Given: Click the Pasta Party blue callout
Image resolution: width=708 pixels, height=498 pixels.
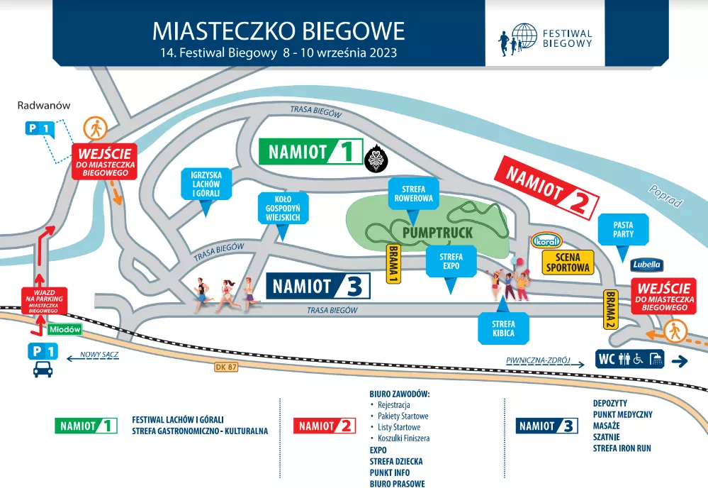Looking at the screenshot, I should [624, 229].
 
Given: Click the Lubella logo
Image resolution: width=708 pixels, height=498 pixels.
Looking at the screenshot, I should [646, 265].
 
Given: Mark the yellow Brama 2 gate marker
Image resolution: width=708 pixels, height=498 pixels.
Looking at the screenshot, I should [609, 309].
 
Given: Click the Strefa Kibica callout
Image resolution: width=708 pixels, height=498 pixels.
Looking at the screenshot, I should [504, 328].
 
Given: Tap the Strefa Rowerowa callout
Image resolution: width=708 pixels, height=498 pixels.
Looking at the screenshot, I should [413, 194].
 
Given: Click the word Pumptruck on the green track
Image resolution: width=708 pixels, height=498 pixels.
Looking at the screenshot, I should [437, 232].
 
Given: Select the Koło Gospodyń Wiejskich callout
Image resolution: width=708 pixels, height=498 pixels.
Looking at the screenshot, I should [283, 206].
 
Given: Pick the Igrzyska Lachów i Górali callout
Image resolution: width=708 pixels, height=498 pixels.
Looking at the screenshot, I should [206, 184].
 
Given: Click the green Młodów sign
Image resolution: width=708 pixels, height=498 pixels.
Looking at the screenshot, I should [65, 329].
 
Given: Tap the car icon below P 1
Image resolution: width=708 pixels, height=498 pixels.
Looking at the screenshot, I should [42, 369].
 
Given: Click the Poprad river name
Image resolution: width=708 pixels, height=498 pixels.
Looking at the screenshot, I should [664, 197].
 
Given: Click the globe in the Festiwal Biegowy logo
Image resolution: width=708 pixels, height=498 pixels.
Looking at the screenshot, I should [524, 36].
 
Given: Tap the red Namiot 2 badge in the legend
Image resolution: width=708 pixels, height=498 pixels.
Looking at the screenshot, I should [324, 426].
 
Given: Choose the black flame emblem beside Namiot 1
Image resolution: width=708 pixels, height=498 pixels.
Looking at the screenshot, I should [374, 161].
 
